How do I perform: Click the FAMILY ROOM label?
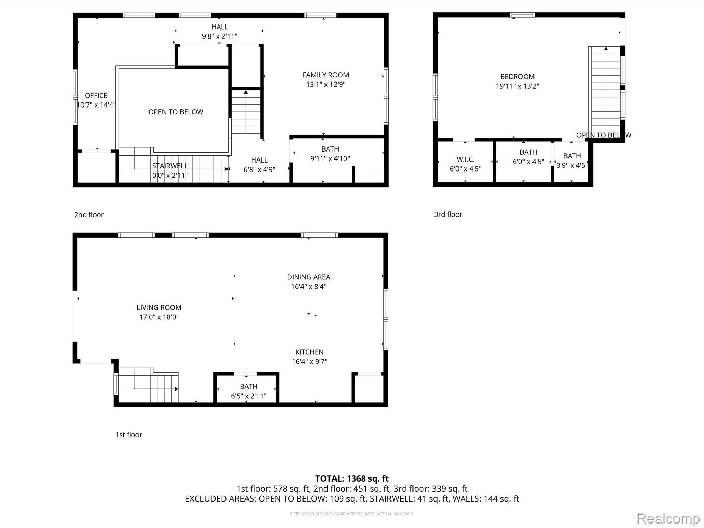click(326, 75)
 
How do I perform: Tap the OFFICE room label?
click(96, 96)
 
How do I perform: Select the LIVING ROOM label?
click(159, 308)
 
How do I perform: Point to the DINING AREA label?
click(309, 277)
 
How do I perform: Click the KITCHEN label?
click(309, 352)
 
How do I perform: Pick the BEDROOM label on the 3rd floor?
click(517, 77)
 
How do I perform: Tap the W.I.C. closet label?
click(465, 159)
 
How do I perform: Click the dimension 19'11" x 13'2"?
click(517, 86)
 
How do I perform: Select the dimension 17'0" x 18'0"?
click(159, 317)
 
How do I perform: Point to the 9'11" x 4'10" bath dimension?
click(330, 158)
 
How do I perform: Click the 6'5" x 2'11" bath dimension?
click(249, 396)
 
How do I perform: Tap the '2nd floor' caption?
click(89, 215)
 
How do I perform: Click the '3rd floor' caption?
click(448, 214)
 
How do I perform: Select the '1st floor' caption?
click(129, 435)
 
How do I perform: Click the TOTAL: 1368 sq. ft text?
click(352, 478)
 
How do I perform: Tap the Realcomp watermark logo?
click(668, 518)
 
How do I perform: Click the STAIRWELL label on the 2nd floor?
click(170, 166)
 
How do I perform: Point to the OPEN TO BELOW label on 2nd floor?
click(176, 112)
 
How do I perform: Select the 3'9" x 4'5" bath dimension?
click(572, 166)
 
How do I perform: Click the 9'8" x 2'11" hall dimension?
click(220, 36)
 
